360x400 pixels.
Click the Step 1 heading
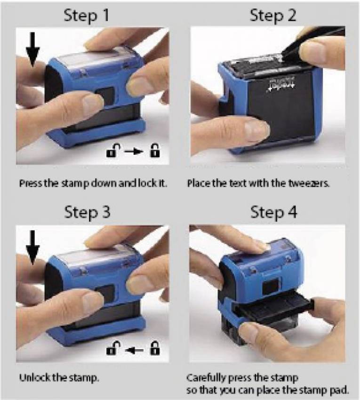point(87,16)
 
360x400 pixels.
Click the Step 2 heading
point(273,16)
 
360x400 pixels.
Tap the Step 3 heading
point(87,213)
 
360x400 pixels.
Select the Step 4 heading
point(273,213)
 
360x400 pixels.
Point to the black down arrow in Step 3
point(32,247)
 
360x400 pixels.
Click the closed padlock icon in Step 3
point(155,348)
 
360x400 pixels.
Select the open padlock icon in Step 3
point(113,348)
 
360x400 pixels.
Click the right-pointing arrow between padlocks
point(134,152)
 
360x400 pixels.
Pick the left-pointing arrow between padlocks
point(134,351)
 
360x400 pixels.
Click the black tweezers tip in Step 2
point(283,55)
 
